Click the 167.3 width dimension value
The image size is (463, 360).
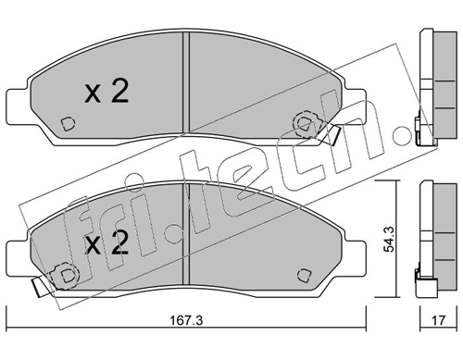[186, 320]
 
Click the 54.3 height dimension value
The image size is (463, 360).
[389, 239]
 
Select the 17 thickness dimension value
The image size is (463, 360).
[438, 320]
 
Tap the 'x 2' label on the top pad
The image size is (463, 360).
[106, 92]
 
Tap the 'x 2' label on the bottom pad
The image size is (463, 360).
[106, 242]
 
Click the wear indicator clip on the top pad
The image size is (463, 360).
[329, 134]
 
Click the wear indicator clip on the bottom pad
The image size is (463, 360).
[40, 285]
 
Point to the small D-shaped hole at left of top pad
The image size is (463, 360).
[68, 124]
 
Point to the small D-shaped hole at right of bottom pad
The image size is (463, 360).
[305, 275]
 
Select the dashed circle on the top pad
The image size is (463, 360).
[306, 123]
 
